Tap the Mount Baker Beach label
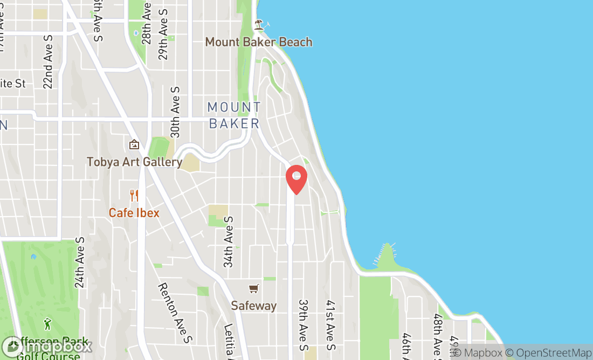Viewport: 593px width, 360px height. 259,42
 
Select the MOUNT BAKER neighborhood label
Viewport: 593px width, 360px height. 235,115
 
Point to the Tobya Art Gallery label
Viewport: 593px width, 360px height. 134,162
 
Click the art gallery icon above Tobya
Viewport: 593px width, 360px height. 134,144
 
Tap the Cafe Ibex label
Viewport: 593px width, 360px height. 134,213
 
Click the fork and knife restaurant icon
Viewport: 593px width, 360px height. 134,195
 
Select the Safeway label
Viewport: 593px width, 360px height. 253,306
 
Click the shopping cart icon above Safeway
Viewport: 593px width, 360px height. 253,289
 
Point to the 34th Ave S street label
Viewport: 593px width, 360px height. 229,242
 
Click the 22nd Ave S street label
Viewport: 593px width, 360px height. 48,65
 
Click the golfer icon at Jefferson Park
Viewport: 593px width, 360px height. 47,324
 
